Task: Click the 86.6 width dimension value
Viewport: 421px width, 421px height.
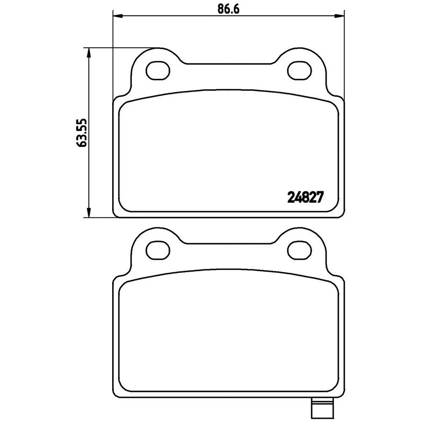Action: click(x=228, y=9)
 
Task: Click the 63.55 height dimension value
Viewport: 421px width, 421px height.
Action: click(x=82, y=133)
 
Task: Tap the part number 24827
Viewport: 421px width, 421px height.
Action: click(x=305, y=197)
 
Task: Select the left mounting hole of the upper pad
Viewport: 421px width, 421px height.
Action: click(x=158, y=71)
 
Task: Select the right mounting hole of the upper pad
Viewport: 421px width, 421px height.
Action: click(x=299, y=71)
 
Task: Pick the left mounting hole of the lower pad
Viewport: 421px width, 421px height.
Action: click(x=158, y=250)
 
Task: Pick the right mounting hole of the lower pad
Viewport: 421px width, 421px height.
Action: click(x=299, y=250)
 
